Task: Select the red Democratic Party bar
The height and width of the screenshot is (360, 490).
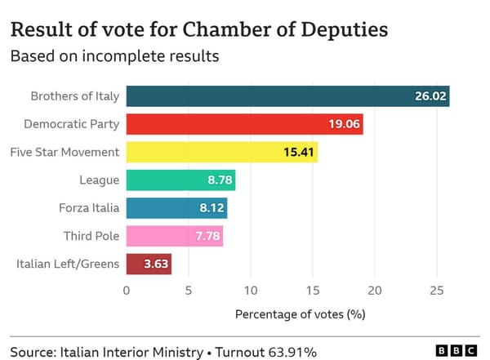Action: pos(244,124)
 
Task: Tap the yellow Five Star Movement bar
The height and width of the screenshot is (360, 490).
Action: pos(221,152)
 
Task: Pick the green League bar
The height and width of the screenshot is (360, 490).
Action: pos(180,180)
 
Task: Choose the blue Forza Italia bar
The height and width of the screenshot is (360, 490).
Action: pos(176,208)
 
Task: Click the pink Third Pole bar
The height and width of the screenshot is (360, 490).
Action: pos(174,236)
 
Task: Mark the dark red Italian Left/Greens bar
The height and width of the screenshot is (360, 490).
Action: pos(149,264)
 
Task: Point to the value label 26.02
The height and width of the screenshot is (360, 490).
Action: pos(430,96)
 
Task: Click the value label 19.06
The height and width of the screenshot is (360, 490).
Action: pos(344,124)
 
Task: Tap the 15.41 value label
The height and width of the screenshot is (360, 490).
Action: pos(298,152)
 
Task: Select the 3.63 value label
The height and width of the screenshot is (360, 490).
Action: pos(155,264)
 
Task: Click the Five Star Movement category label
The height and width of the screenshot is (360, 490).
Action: pos(65,152)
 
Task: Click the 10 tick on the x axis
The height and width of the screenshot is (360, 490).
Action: pos(250,291)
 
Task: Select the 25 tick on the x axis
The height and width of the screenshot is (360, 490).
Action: pos(436,291)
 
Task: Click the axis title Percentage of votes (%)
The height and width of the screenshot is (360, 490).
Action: pos(300,313)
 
